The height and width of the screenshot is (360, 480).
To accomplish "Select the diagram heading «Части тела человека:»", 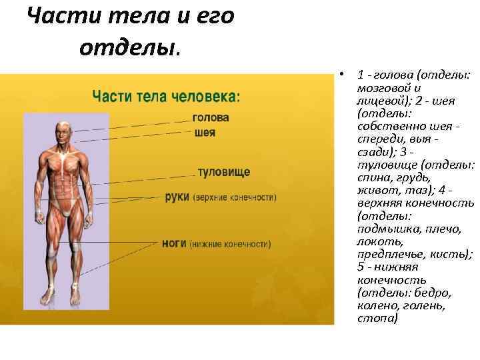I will tap(166, 97).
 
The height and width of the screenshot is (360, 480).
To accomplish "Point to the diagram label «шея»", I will tap(205, 132).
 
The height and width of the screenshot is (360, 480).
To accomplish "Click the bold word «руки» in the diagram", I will tap(177, 197).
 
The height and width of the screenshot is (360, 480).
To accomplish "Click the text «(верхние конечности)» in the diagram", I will tap(235, 198).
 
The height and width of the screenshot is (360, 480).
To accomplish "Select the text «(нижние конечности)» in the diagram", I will tap(230, 245).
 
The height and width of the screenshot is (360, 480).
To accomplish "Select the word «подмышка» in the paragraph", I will tap(389, 229).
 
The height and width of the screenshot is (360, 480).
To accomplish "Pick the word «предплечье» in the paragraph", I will tap(391, 254).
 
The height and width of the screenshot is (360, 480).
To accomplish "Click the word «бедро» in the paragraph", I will tap(436, 293).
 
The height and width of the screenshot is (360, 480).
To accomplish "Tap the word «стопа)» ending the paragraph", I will tap(377, 318).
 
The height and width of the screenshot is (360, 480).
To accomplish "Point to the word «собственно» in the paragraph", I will tap(387, 126).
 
